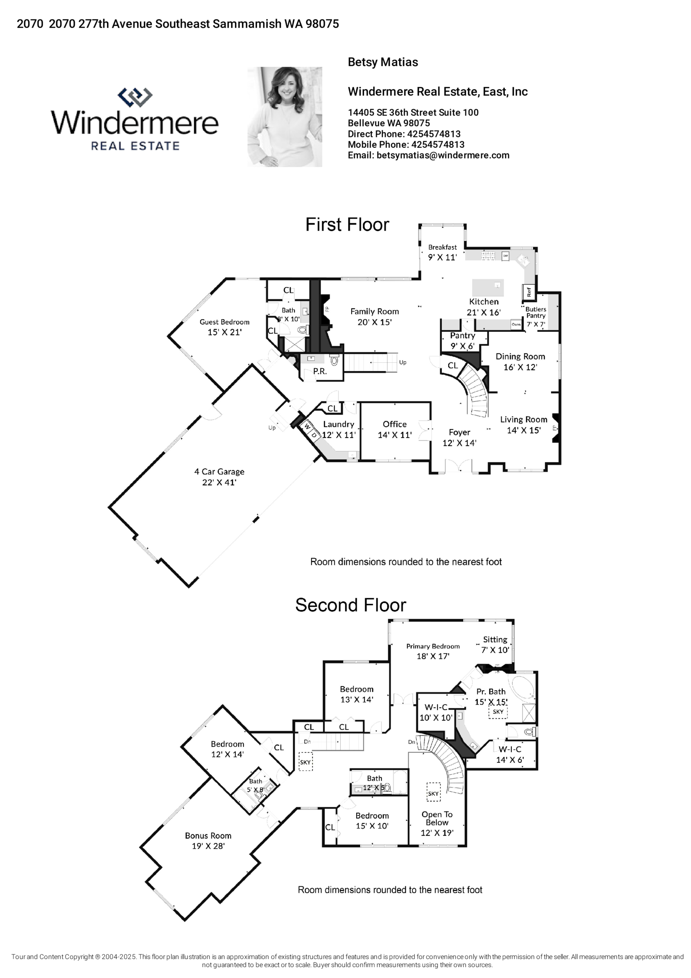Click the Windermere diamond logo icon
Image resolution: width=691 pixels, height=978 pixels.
point(135,97)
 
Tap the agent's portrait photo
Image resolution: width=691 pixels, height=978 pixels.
point(285,117)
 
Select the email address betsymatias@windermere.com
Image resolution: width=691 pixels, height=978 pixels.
point(443,156)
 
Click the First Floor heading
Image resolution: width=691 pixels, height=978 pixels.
point(347,225)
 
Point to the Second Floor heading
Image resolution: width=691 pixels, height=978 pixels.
point(351,605)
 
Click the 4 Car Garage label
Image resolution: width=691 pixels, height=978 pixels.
point(219,472)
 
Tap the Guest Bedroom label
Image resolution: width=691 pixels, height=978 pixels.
point(225,322)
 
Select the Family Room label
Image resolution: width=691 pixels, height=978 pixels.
point(374,311)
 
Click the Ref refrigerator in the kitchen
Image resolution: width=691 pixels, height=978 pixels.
point(529,292)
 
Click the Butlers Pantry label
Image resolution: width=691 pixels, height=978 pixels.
point(536,312)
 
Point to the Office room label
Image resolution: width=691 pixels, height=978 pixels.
point(395,424)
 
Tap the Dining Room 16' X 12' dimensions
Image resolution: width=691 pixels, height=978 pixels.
point(520,367)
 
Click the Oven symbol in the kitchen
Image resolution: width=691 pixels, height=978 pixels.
point(516,324)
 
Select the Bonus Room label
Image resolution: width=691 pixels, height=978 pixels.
point(208,835)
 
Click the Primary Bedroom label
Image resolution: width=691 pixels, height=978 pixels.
point(433,646)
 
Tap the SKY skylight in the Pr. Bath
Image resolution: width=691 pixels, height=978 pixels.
point(498,711)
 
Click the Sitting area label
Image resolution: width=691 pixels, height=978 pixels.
point(495,639)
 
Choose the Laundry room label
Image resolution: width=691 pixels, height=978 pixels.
point(339,424)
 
